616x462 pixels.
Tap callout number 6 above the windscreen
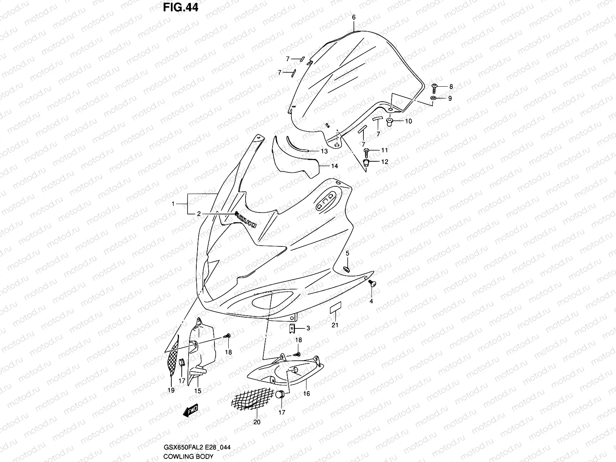click(x=354, y=17)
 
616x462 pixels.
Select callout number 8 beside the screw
click(x=451, y=87)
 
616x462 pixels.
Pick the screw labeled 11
click(x=367, y=151)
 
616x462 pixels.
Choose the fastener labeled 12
click(x=367, y=162)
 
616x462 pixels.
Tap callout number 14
click(x=335, y=166)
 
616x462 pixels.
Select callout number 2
click(x=199, y=214)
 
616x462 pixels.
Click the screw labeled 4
click(x=372, y=284)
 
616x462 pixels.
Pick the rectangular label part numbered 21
click(x=335, y=309)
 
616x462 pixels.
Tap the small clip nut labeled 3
click(x=292, y=328)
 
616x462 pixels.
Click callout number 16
click(x=306, y=394)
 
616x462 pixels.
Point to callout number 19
click(x=171, y=390)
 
